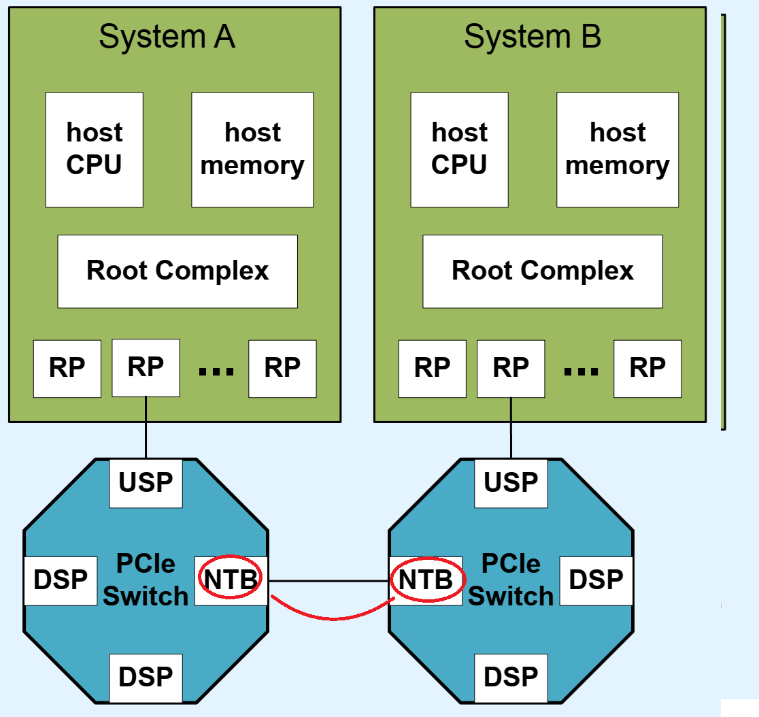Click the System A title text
[167, 37]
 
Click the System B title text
[532, 37]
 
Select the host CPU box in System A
[94, 150]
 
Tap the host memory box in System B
[618, 150]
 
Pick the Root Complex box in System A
[178, 271]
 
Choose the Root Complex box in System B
[543, 271]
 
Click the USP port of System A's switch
[146, 483]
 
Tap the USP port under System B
[511, 483]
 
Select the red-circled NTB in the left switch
[231, 580]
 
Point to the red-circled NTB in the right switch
[426, 580]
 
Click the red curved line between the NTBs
[333, 618]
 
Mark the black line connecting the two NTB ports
[328, 581]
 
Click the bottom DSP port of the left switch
[146, 678]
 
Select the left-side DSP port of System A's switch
[61, 580]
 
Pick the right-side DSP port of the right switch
[596, 580]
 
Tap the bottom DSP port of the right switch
[511, 678]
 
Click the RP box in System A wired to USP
[146, 367]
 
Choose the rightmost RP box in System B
[647, 368]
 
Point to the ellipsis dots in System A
[216, 371]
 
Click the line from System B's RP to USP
[511, 429]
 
